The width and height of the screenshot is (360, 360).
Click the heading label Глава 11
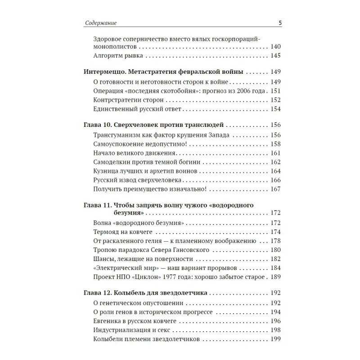[x=95, y=206]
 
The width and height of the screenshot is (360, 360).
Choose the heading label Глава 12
[x=95, y=293]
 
